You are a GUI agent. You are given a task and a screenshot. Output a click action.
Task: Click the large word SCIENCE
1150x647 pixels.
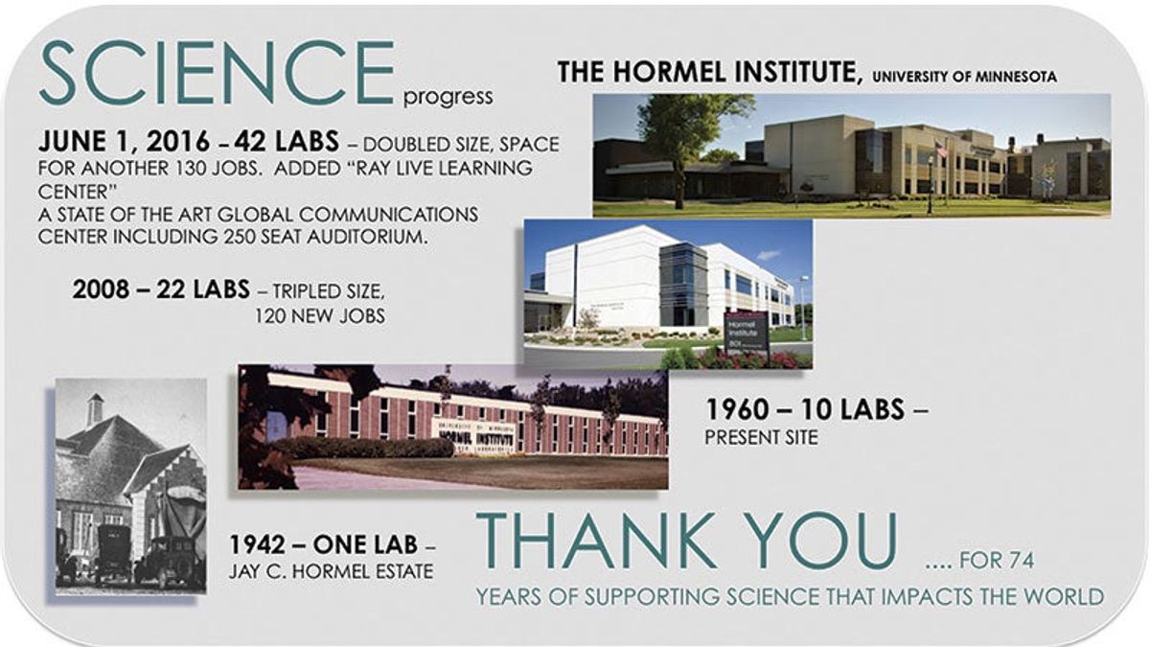pyautogui.click(x=217, y=73)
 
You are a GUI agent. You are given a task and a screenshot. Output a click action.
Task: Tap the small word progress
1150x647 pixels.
pyautogui.click(x=448, y=97)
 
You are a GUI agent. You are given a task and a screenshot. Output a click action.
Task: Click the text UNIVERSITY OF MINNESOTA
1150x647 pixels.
pyautogui.click(x=965, y=76)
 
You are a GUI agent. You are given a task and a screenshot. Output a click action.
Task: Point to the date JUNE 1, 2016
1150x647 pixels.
pyautogui.click(x=124, y=143)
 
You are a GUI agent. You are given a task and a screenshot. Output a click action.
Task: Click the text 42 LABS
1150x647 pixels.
pyautogui.click(x=287, y=143)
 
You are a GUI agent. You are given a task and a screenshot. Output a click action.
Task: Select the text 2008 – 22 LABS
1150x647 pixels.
pyautogui.click(x=160, y=289)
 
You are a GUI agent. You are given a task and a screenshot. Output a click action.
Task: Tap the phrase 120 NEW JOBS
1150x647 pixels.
pyautogui.click(x=320, y=314)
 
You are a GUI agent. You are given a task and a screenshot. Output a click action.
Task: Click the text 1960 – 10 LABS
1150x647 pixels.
pyautogui.click(x=805, y=409)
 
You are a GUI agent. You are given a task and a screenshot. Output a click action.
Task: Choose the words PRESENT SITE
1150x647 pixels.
pyautogui.click(x=761, y=438)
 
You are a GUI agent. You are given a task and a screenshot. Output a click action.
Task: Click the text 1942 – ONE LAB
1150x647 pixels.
pyautogui.click(x=323, y=545)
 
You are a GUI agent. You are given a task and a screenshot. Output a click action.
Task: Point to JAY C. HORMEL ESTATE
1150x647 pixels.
pyautogui.click(x=331, y=572)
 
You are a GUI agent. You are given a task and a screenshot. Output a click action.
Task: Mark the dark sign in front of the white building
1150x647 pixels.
pyautogui.click(x=747, y=332)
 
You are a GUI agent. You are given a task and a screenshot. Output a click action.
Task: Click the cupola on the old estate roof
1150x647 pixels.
pyautogui.click(x=95, y=409)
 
